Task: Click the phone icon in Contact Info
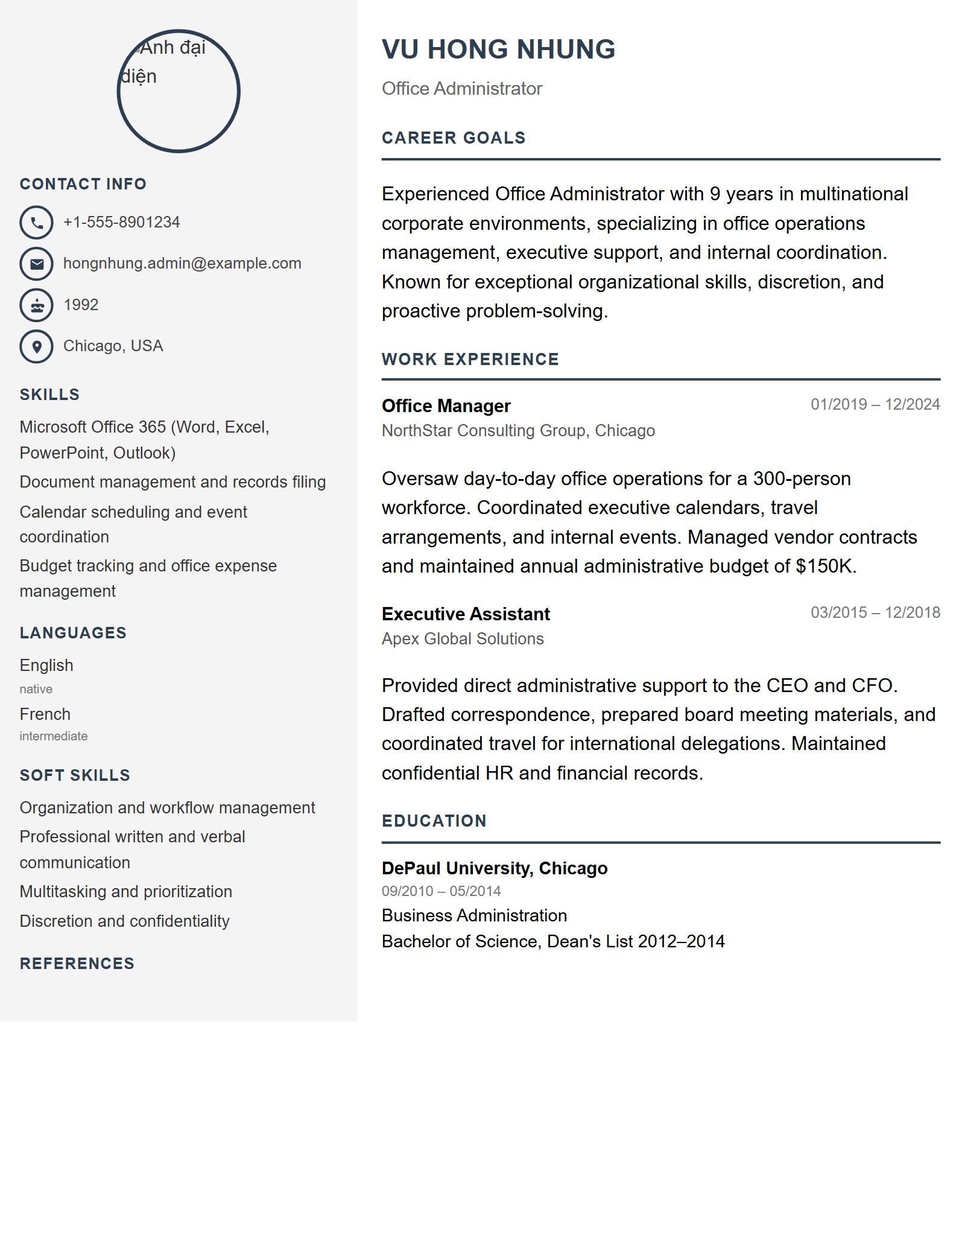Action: [x=37, y=223]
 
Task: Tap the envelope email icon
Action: [x=37, y=264]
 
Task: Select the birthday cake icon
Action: [x=37, y=305]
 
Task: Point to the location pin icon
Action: [x=37, y=346]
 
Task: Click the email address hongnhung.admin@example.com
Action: [x=182, y=264]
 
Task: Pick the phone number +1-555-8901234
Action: [x=121, y=223]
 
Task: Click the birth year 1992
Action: [x=81, y=305]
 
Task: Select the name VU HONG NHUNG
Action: [x=498, y=49]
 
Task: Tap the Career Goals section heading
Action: [x=454, y=138]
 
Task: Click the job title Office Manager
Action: [x=446, y=406]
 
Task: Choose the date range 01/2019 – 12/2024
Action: [x=875, y=404]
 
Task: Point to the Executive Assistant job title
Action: [x=466, y=614]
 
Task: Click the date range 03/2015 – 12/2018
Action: [x=875, y=612]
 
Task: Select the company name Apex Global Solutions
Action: [x=463, y=639]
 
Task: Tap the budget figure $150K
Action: [x=824, y=567]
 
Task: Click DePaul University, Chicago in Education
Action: [x=495, y=868]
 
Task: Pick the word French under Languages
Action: [x=45, y=714]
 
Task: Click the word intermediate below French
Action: [x=54, y=736]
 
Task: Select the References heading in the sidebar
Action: [x=77, y=964]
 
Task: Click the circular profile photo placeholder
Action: [x=179, y=91]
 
